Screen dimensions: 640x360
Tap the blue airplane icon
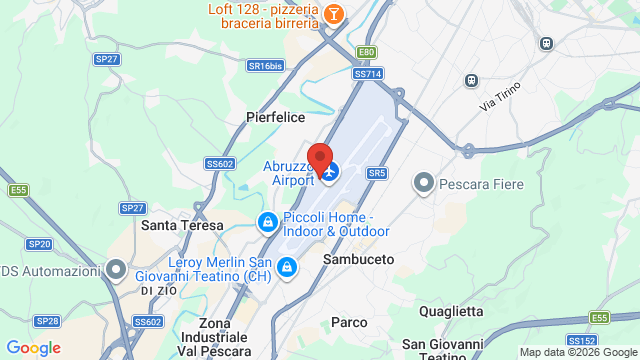(x=329, y=172)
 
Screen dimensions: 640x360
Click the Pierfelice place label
(x=275, y=117)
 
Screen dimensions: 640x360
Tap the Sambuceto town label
(x=358, y=258)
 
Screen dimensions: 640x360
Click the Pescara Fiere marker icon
(x=424, y=183)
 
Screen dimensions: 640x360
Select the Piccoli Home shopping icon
(x=267, y=221)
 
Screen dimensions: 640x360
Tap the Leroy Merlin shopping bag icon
(x=287, y=266)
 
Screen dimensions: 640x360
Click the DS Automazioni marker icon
(x=117, y=269)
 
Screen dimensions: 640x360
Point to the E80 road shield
(x=367, y=52)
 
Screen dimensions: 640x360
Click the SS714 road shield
(x=367, y=73)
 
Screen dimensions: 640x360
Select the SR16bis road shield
(x=265, y=65)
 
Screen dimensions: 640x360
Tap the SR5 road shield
(x=377, y=173)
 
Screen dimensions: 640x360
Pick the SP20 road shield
(x=39, y=243)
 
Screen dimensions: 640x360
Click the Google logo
(x=34, y=348)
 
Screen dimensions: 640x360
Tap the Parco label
(x=349, y=322)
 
